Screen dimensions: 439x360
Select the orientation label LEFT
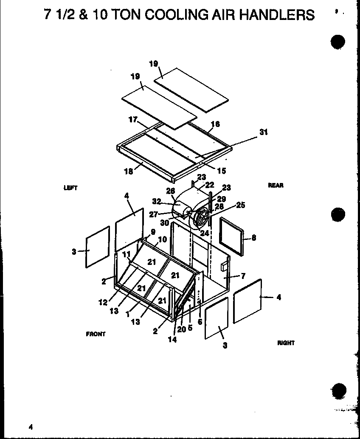(70, 188)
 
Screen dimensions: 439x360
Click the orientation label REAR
(276, 185)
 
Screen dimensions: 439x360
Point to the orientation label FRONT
(96, 334)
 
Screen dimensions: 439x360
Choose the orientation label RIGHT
(286, 343)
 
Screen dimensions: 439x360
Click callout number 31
(263, 132)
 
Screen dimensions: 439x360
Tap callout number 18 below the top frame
(129, 171)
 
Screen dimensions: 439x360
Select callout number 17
(133, 120)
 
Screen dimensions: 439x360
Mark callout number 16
(215, 124)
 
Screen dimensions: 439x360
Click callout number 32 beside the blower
(157, 202)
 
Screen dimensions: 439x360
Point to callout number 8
(253, 238)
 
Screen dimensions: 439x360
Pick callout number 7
(243, 276)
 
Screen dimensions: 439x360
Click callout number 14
(172, 339)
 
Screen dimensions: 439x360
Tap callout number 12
(103, 302)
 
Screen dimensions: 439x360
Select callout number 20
(181, 329)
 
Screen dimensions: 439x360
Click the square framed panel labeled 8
(232, 237)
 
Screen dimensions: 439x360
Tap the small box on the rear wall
(224, 266)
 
